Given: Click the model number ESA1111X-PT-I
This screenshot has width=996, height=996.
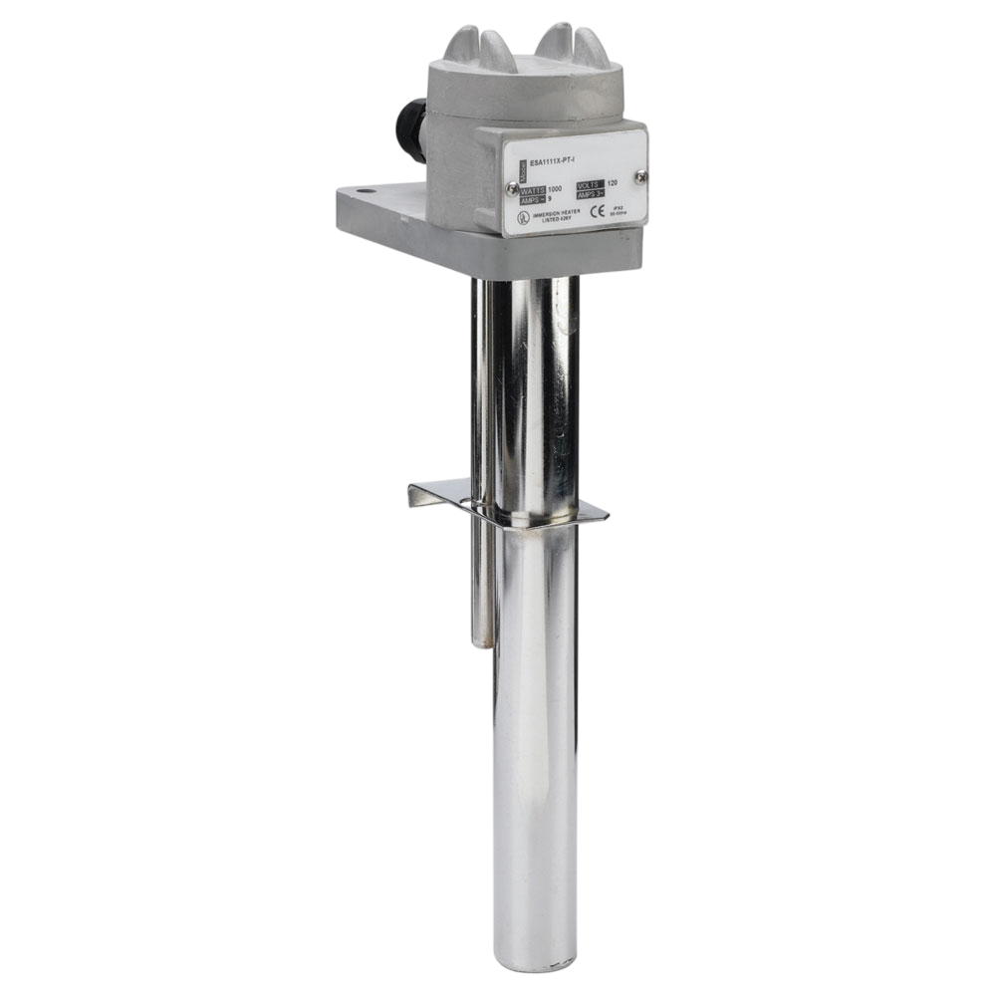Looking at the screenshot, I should coord(546,158).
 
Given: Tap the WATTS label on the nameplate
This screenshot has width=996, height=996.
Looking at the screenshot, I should coord(526,188).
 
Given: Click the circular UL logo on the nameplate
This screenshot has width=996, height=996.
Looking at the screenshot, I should coord(521,215).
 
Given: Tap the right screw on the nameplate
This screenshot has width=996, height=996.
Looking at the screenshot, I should coord(640,176).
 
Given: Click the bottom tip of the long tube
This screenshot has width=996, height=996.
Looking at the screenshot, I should coord(538,964).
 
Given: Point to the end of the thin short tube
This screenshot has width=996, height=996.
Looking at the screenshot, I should coord(487,642).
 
